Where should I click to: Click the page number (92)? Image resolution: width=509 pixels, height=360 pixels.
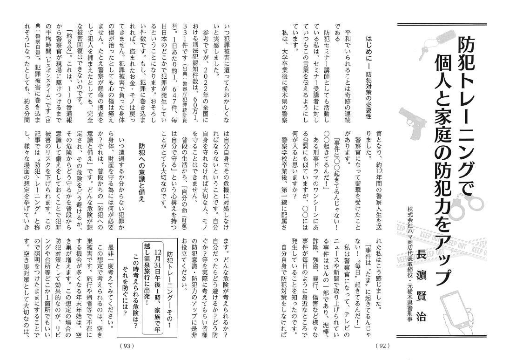point(382,345)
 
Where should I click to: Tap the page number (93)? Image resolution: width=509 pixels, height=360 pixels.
point(127,345)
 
